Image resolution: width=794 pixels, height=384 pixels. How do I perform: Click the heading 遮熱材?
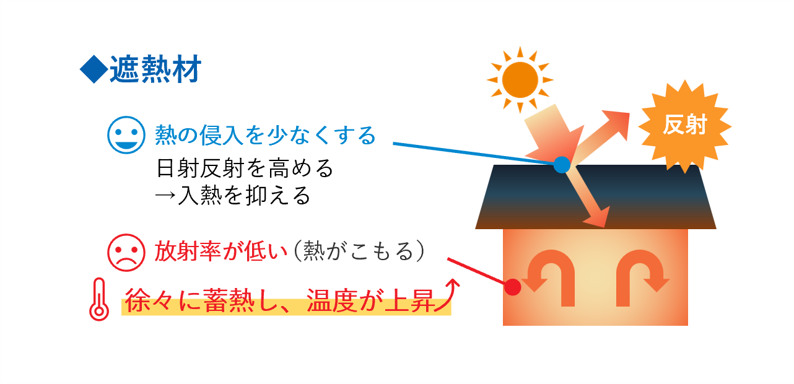tap(155, 70)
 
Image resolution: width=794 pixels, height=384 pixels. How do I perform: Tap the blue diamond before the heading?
tap(94, 70)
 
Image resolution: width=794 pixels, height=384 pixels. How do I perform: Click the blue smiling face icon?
tap(126, 134)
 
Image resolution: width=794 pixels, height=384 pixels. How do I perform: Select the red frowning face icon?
tap(126, 252)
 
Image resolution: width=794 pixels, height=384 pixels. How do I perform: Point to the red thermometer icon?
tap(98, 299)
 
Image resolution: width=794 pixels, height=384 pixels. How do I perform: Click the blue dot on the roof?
tap(561, 165)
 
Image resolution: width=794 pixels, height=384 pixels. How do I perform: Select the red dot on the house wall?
tap(512, 287)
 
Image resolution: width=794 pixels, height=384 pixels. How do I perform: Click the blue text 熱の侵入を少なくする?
tap(265, 134)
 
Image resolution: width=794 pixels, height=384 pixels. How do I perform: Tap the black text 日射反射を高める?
tap(245, 168)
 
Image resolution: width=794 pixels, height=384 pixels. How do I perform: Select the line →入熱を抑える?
tap(232, 196)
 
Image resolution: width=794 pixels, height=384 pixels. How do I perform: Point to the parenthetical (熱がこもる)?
tap(360, 251)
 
